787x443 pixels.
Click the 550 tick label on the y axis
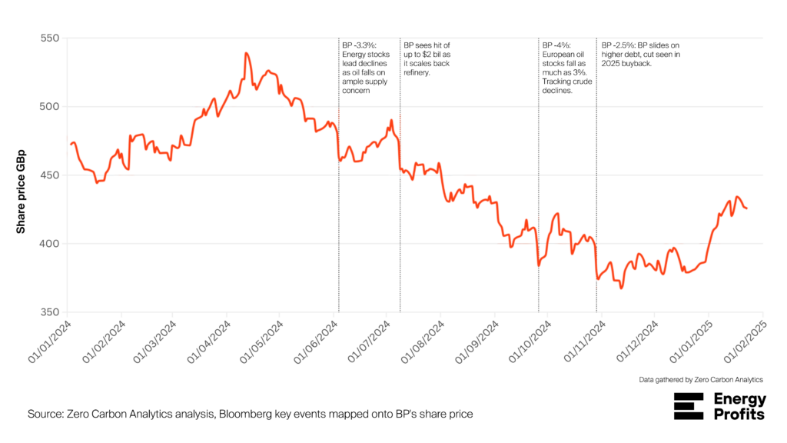[50, 38]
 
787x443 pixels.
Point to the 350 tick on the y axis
[50, 312]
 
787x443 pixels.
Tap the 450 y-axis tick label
[50, 175]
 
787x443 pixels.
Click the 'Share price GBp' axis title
[21, 192]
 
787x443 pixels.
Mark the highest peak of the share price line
[246, 53]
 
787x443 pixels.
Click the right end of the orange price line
[747, 208]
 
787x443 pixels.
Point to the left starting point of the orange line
[71, 145]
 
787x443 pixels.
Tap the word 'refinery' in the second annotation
[416, 72]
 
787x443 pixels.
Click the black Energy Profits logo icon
[689, 406]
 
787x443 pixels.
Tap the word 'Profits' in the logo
[739, 415]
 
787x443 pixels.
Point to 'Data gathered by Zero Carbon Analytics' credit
[701, 380]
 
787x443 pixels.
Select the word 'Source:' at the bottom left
[45, 415]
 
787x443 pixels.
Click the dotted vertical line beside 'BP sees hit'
[400, 175]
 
